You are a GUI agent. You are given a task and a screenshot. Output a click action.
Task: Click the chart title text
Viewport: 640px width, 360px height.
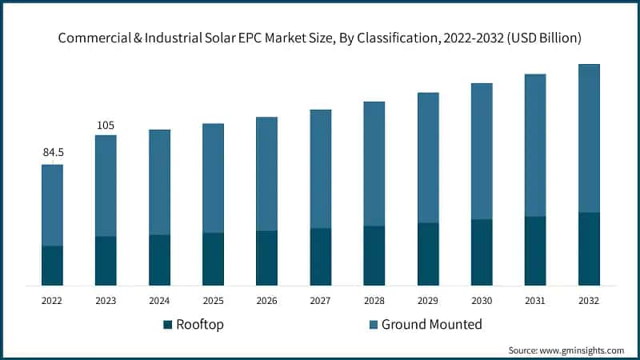pos(320,38)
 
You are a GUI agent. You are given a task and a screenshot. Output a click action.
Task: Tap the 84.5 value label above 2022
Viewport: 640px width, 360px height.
pos(53,152)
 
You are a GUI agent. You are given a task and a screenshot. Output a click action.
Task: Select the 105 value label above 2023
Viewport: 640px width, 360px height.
pos(106,125)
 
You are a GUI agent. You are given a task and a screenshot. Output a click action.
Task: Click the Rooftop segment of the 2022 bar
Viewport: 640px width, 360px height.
pos(53,266)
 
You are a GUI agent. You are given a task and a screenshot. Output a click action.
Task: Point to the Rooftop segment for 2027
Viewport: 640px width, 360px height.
pos(321,257)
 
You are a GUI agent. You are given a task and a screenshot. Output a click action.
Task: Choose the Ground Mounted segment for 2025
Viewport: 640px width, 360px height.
pos(213,178)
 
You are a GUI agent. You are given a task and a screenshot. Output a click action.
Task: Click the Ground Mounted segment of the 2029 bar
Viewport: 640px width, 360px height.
pos(428,158)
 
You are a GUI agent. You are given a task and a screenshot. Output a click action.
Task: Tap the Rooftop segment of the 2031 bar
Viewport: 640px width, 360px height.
pos(535,250)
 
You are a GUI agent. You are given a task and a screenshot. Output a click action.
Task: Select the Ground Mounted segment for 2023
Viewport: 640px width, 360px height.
pos(106,186)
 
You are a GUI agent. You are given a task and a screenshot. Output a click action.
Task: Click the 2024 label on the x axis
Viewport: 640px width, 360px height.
pos(159,301)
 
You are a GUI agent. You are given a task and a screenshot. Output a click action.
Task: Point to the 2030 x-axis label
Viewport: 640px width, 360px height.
pos(482,301)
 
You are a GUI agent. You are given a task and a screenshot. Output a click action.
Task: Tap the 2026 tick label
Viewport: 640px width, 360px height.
pos(266,301)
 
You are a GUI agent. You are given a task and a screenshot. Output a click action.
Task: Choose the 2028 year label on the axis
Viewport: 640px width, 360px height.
pos(374,301)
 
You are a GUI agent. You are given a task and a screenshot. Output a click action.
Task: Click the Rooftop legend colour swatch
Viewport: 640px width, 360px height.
pos(167,325)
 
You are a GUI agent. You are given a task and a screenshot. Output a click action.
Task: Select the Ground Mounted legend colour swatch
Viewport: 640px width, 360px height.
pos(372,325)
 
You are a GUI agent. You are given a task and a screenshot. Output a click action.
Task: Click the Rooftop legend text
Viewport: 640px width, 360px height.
pos(200,325)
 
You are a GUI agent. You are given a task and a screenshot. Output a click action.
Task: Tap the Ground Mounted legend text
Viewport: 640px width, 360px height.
pos(432,325)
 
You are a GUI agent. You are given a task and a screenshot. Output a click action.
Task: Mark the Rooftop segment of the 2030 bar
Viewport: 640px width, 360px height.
pos(482,252)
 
